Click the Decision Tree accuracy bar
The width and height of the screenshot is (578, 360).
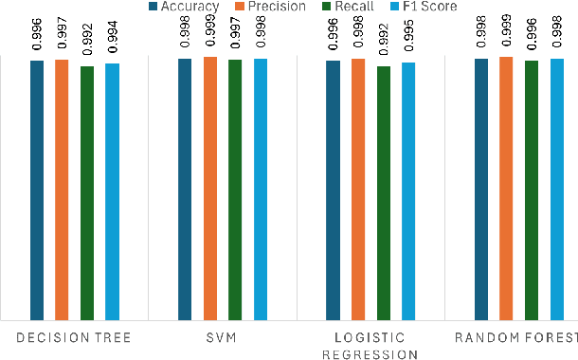37,189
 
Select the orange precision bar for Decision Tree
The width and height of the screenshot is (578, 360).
62,189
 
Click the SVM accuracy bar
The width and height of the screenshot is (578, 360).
185,189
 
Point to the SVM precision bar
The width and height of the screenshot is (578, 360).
209,189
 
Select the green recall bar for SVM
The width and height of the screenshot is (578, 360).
235,189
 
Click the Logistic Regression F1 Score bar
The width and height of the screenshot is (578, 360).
408,190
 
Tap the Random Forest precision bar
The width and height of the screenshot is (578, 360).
506,189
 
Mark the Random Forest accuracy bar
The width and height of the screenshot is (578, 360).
481,189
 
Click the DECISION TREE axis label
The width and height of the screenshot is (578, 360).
74,338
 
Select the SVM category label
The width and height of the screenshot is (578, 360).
222,338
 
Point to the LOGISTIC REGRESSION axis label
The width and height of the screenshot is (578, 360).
370,346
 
